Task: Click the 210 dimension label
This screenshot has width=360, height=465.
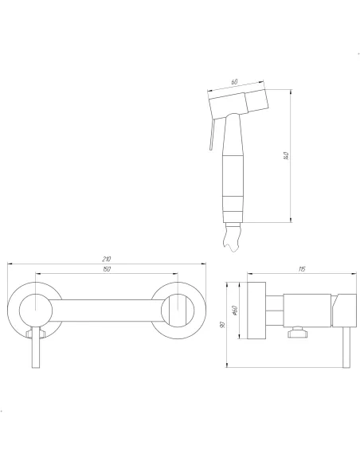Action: (106, 259)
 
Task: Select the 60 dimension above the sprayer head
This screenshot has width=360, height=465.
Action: (236, 81)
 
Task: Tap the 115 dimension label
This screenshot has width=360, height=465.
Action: (301, 270)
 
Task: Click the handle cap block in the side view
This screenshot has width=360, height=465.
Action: (344, 308)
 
